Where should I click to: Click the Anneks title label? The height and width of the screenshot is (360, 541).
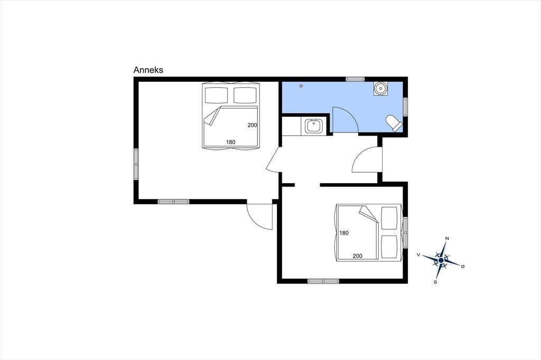[x=148, y=70]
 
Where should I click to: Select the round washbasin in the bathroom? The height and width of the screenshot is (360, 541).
[x=380, y=89]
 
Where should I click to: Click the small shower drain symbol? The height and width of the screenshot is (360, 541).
[x=301, y=86]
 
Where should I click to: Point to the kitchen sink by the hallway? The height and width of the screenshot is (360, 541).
[x=313, y=126]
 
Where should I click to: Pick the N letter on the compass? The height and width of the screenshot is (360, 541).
[x=447, y=238]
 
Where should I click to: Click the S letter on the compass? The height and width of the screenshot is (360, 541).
[x=435, y=282]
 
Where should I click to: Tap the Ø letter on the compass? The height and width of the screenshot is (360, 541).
[x=463, y=266]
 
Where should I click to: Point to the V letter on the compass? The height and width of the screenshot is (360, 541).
[x=418, y=255]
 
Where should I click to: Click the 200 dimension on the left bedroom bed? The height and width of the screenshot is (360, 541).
[x=252, y=125]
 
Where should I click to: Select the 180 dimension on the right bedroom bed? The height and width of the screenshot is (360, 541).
[x=344, y=233]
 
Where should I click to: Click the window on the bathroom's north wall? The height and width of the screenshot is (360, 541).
[x=356, y=79]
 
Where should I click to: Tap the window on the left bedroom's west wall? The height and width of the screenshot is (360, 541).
[x=136, y=164]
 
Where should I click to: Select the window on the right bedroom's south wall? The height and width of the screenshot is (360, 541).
[x=323, y=281]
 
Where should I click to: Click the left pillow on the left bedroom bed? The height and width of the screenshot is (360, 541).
[x=217, y=95]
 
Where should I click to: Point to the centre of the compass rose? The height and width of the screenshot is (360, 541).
[x=441, y=260]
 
